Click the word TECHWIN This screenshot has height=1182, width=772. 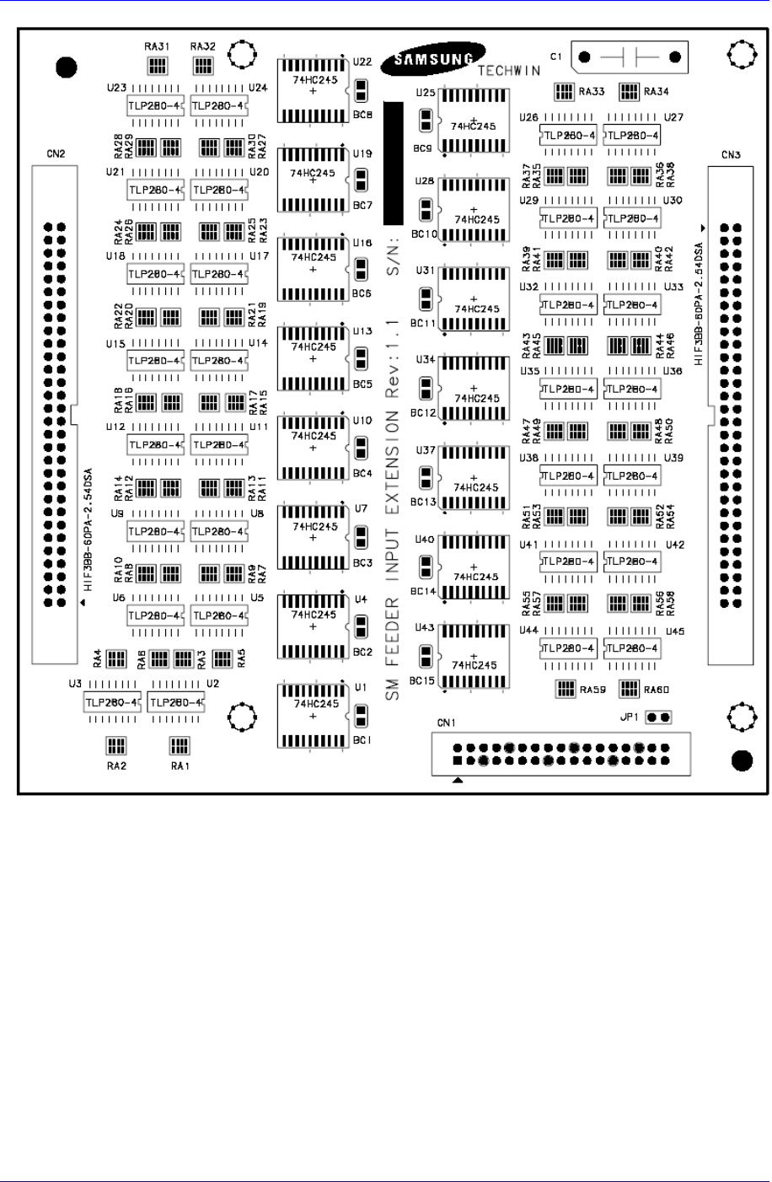(x=508, y=72)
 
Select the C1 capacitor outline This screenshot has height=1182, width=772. (x=630, y=57)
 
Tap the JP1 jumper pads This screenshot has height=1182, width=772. (x=658, y=717)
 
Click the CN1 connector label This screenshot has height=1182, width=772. (x=446, y=723)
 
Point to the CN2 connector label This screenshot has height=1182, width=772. (x=56, y=154)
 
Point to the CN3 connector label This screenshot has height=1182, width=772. (x=730, y=155)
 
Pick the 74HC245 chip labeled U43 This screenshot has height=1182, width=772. (x=474, y=656)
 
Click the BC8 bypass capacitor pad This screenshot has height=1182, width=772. (x=361, y=90)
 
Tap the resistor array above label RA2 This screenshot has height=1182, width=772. (x=115, y=746)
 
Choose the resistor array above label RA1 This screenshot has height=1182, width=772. (x=179, y=746)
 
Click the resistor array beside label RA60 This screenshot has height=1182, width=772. (x=629, y=690)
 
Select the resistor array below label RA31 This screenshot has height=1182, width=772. (x=157, y=66)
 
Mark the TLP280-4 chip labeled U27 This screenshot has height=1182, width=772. (x=632, y=135)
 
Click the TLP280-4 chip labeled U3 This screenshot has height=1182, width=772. (x=112, y=702)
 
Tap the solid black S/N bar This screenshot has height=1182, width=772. (x=393, y=164)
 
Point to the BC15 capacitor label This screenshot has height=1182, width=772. (x=421, y=681)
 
